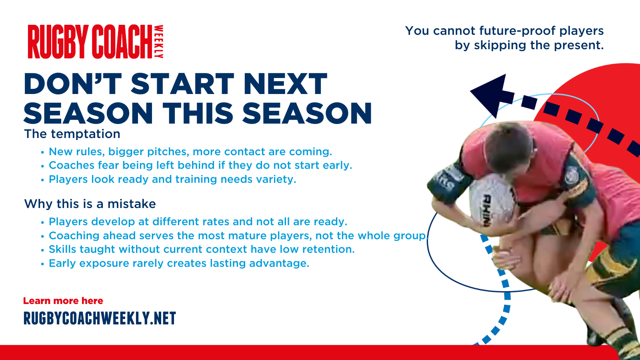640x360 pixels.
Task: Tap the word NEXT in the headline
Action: click(285, 84)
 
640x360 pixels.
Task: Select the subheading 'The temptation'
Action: click(72, 134)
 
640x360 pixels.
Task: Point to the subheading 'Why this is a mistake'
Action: click(90, 204)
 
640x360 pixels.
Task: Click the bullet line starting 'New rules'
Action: click(190, 152)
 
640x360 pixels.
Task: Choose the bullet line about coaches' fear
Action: click(200, 166)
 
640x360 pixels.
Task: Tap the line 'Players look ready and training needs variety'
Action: click(172, 180)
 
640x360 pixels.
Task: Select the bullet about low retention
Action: click(202, 250)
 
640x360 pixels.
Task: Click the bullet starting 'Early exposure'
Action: click(179, 264)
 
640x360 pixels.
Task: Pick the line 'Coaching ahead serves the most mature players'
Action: click(238, 236)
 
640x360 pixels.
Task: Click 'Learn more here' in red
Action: click(63, 301)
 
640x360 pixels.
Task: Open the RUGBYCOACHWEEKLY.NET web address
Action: click(100, 318)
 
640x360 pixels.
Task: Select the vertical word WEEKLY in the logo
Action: click(159, 42)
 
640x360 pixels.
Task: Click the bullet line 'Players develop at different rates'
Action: click(198, 222)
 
